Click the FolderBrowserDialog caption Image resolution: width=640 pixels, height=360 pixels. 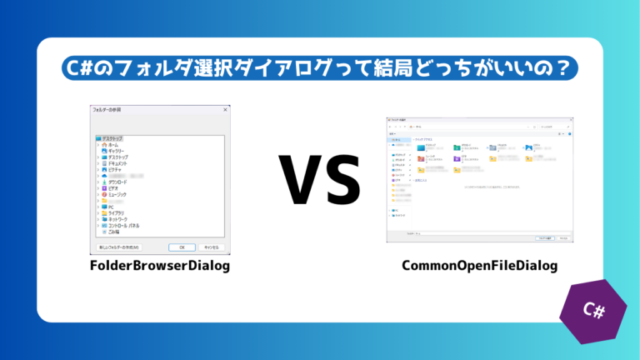tap(160, 266)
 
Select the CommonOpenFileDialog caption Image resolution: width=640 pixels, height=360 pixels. tap(479, 266)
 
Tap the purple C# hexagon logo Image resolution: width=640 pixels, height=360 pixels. tap(594, 309)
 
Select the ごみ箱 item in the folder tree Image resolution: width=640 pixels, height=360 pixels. tap(114, 232)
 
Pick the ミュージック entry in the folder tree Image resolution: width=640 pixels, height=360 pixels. tap(117, 194)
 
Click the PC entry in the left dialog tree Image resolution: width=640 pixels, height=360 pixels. tap(111, 207)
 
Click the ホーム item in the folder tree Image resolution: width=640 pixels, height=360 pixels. tap(113, 144)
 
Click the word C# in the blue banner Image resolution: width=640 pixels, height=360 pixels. tap(79, 68)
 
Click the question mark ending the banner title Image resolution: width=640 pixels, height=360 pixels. tap(569, 68)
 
